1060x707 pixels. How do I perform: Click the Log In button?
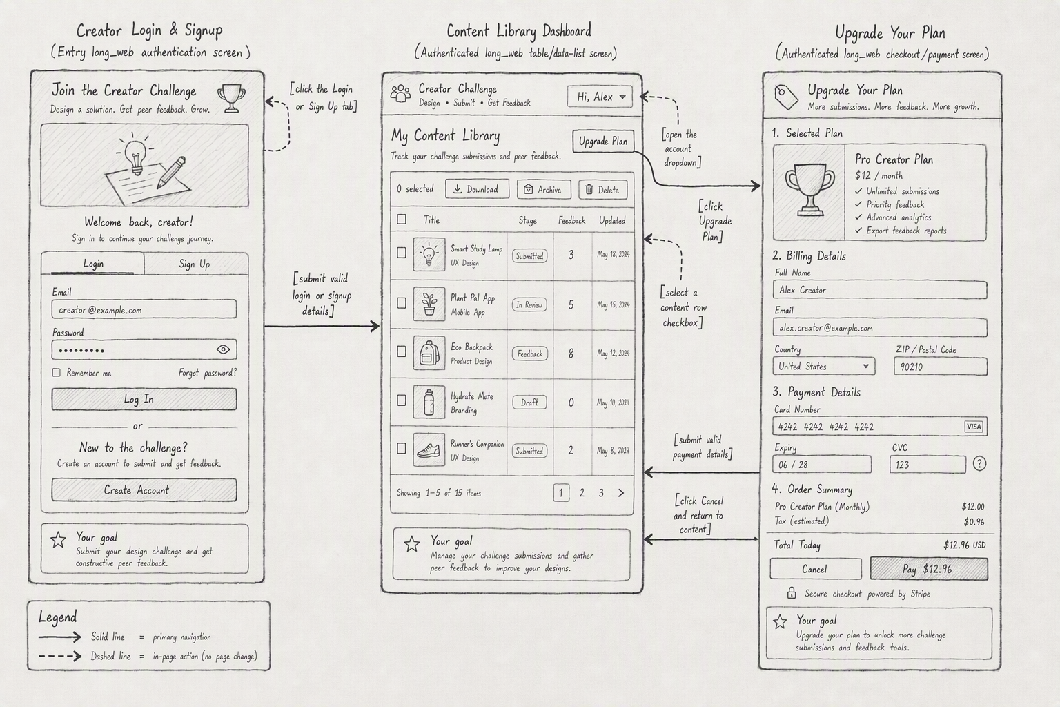[144, 399]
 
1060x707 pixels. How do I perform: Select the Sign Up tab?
[195, 264]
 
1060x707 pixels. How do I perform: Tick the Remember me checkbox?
[57, 373]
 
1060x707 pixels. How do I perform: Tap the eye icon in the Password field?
[224, 349]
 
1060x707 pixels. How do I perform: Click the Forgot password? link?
[208, 373]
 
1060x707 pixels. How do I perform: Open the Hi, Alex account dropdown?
[600, 97]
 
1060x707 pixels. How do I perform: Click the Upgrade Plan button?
[603, 141]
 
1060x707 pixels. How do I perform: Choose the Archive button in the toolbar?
[544, 189]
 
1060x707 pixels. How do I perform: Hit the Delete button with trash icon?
[603, 189]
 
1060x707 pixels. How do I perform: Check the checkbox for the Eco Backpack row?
[401, 351]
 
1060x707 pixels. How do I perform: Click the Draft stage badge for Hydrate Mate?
[529, 402]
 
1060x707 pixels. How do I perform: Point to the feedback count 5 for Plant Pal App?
[571, 304]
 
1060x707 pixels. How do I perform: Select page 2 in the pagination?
[582, 493]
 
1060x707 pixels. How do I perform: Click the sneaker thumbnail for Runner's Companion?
[429, 449]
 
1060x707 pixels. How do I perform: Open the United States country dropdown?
[824, 366]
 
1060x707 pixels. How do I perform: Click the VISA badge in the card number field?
[974, 427]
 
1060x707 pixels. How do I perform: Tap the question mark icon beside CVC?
[979, 463]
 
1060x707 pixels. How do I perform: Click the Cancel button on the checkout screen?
[815, 569]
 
